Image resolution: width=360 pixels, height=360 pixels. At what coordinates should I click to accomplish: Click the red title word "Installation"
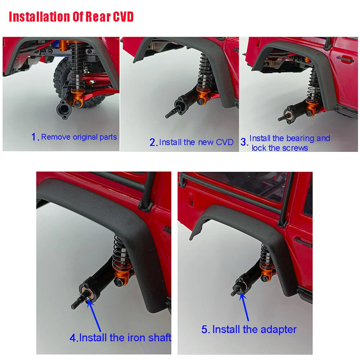(39, 17)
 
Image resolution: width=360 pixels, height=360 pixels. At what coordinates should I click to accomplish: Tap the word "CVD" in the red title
(123, 17)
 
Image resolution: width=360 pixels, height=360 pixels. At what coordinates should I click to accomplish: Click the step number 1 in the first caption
(34, 137)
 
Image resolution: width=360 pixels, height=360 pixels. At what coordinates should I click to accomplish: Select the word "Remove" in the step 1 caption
(56, 137)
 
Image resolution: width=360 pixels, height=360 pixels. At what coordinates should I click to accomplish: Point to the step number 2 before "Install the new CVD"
(152, 142)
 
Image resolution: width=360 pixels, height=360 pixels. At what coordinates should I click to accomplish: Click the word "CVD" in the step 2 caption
(225, 142)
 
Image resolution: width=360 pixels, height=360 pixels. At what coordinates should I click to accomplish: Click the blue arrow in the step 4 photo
(94, 316)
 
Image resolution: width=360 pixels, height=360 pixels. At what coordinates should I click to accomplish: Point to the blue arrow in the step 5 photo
(244, 307)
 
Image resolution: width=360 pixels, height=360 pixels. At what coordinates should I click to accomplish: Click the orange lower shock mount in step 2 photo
(203, 95)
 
